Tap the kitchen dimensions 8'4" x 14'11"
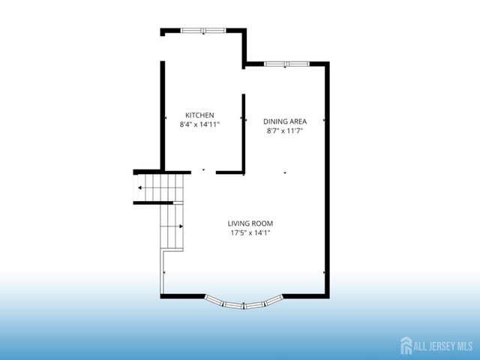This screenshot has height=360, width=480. pos(199,124)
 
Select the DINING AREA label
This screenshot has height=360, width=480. pos(285,121)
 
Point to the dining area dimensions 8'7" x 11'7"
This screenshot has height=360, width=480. pos(285,130)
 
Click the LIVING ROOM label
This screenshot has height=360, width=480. pos(250,223)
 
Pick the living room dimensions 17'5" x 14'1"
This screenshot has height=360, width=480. pos(250,233)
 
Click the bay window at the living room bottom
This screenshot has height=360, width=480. pos(245,304)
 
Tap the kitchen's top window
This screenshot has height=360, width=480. pos(203,31)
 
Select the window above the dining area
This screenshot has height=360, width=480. pos(286,64)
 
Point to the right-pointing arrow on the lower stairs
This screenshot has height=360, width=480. pos(181,226)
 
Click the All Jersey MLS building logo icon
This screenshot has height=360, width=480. pos(406,344)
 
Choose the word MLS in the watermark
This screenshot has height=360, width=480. pos(464,345)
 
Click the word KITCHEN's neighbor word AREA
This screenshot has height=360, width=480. pos(297,121)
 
